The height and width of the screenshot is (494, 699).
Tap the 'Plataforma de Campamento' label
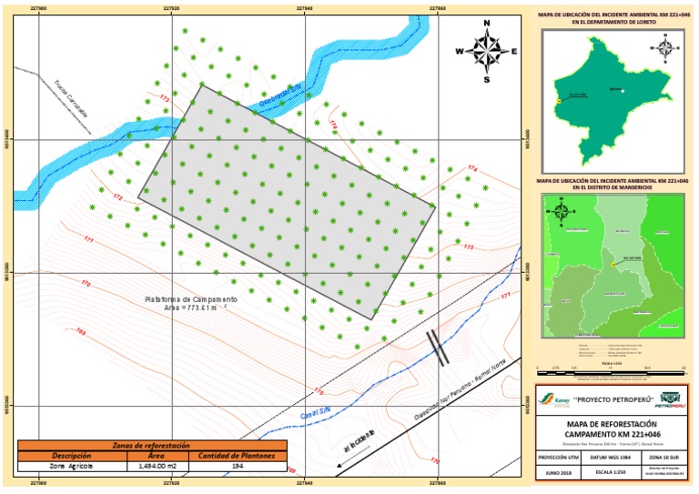191,299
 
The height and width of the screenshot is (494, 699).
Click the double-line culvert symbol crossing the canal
439,348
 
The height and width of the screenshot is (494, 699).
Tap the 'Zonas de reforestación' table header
151,446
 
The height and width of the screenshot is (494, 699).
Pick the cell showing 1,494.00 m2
151,465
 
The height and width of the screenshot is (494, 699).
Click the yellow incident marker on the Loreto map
558,100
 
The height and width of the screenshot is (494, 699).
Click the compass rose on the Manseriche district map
562,213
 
